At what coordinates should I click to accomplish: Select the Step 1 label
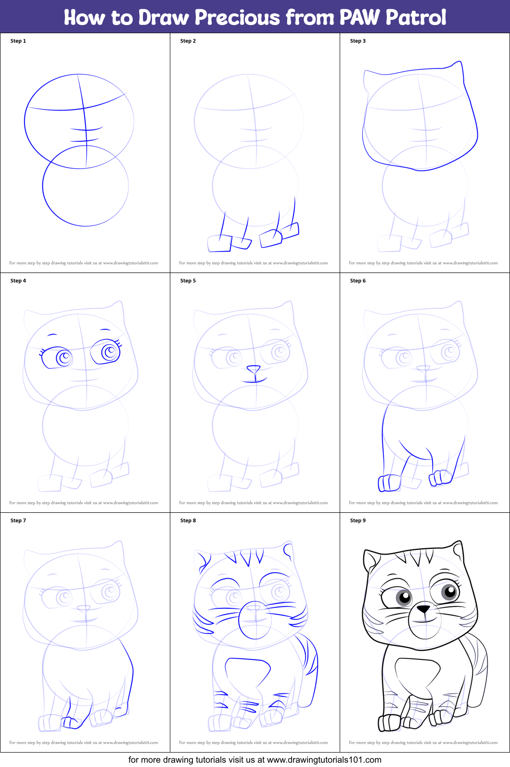tap(18, 41)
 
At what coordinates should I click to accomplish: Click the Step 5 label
tap(188, 281)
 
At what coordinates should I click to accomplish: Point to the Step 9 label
tap(358, 520)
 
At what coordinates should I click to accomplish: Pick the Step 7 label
tap(18, 520)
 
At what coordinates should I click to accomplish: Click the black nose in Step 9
tap(423, 609)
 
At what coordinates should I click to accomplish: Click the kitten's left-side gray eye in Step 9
tap(403, 597)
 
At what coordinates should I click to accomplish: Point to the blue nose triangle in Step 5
tap(254, 369)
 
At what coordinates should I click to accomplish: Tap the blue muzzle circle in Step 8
tap(255, 620)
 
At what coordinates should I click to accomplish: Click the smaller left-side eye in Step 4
tap(64, 358)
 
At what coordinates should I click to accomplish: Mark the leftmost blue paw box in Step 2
tap(219, 244)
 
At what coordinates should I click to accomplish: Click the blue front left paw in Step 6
tap(389, 483)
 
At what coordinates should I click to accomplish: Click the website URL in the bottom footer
tap(324, 760)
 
